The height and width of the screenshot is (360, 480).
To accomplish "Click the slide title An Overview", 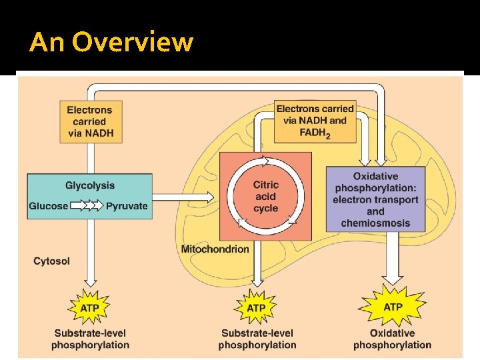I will [111, 43].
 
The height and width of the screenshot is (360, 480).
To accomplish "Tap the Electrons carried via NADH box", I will [90, 121].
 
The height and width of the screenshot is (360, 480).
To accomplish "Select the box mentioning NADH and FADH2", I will [315, 121].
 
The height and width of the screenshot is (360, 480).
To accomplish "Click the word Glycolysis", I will [90, 186].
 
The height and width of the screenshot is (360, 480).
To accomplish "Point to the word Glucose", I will [48, 206].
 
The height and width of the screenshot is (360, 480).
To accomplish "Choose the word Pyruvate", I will [127, 206].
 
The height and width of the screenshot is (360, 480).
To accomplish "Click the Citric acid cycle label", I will [266, 197].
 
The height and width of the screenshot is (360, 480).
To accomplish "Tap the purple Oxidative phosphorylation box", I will [376, 199].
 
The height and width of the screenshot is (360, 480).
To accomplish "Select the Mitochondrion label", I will [215, 249].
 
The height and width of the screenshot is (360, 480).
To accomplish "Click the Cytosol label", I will [51, 261].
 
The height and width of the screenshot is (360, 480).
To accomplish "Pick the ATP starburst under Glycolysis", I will [90, 307].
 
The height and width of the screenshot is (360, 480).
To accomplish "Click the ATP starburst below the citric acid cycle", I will [256, 307].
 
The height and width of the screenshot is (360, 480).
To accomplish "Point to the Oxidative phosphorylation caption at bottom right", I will [392, 339].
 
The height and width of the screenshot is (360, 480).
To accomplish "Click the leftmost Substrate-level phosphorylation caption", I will [90, 339].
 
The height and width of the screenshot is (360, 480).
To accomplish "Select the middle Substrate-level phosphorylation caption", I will [257, 339].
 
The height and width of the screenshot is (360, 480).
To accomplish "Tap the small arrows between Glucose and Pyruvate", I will [87, 206].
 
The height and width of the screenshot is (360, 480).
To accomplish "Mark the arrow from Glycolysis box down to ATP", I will [90, 260].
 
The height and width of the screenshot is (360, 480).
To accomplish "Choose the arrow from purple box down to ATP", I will [392, 260].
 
